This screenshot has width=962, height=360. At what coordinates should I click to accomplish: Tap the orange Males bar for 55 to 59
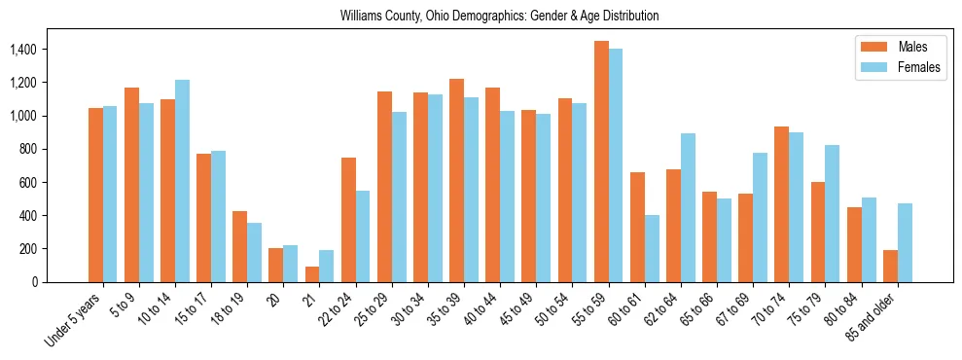(x=601, y=162)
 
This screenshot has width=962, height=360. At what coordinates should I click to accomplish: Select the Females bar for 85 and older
(x=905, y=242)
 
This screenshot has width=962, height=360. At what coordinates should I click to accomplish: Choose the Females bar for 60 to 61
(x=652, y=248)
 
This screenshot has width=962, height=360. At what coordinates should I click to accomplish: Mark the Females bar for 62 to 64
(x=688, y=207)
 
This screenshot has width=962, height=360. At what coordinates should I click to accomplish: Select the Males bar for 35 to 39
(x=456, y=180)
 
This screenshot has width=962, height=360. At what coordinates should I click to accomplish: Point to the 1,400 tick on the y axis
(x=51, y=50)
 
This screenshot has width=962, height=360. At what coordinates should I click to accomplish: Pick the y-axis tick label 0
(x=63, y=282)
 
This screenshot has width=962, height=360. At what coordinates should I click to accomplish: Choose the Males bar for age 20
(x=275, y=265)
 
